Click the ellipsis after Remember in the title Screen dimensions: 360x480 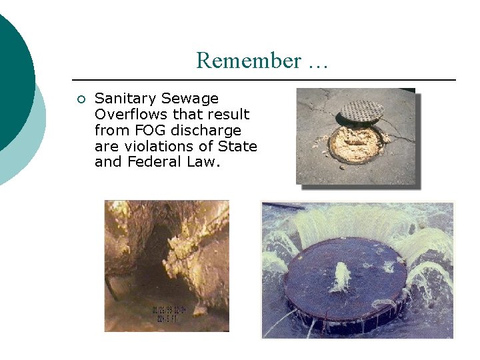(317, 62)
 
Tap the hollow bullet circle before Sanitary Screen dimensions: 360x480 (81, 100)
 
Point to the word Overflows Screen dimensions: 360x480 (132, 115)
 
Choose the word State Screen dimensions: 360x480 (240, 147)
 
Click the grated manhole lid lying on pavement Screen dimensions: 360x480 (362, 111)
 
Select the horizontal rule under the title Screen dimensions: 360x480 (263, 80)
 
